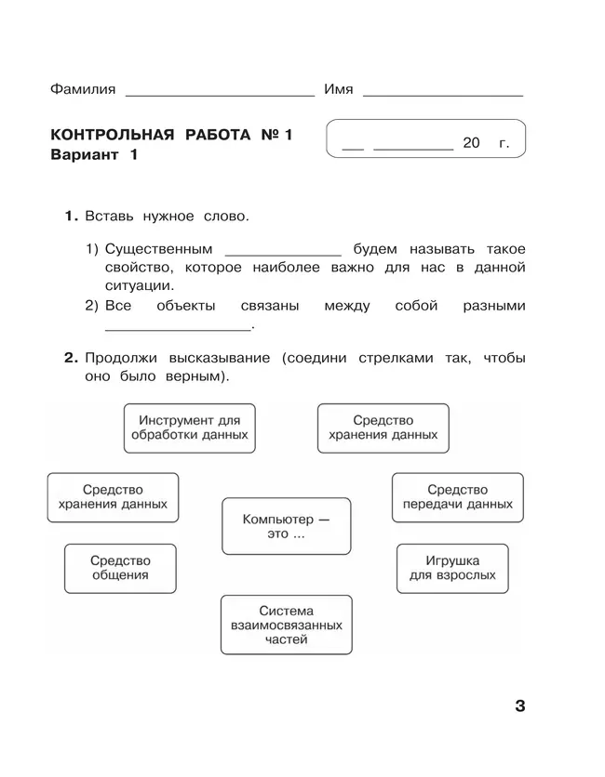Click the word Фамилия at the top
point(84,89)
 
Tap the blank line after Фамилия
point(220,94)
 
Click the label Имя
point(338,89)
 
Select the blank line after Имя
point(442,94)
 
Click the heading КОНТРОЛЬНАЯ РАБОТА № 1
point(171,136)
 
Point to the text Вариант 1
point(93,155)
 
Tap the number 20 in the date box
point(470,143)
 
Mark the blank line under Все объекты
point(178,328)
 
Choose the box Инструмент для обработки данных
point(190,428)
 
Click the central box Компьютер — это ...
point(286,527)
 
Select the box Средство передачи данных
point(457,497)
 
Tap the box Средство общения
point(120,568)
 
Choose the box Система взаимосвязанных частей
point(286,626)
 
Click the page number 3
point(519,706)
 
